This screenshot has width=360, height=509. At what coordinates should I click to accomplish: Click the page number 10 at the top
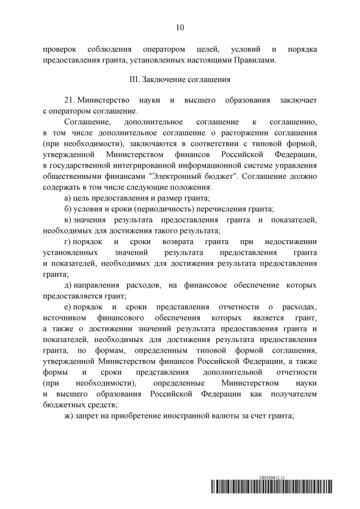[180, 26]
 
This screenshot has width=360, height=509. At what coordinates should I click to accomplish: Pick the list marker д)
[69, 285]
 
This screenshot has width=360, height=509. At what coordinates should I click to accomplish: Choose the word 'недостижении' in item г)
[290, 241]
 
